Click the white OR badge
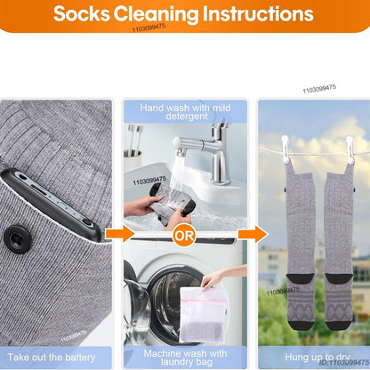185,236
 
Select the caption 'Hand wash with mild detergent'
184,111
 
